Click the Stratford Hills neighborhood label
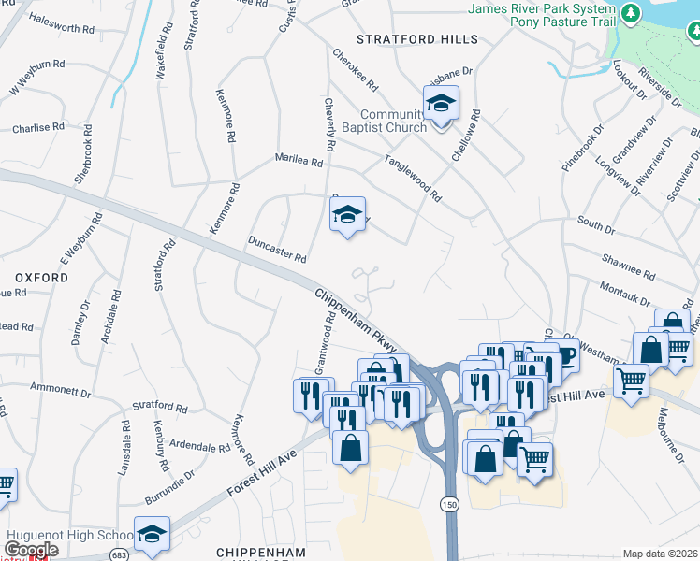pyautogui.click(x=417, y=39)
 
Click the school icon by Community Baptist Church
pyautogui.click(x=440, y=103)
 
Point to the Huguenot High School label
pyautogui.click(x=71, y=536)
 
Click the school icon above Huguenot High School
pyautogui.click(x=152, y=533)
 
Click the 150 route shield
pyautogui.click(x=450, y=504)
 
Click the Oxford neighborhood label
pyautogui.click(x=40, y=278)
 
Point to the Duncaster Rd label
pyautogui.click(x=278, y=249)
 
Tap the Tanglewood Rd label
pyautogui.click(x=412, y=178)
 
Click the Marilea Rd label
pyautogui.click(x=299, y=161)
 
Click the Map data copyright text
pyautogui.click(x=660, y=554)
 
